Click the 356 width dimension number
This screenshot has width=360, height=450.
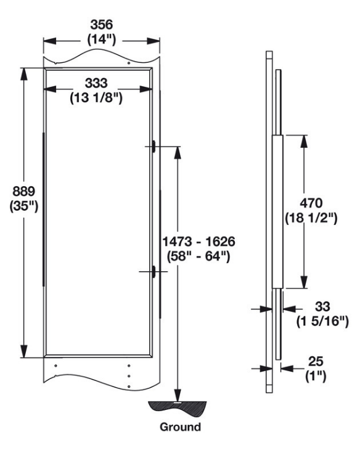click(102, 25)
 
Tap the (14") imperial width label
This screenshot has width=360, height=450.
click(102, 39)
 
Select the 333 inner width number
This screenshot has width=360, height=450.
click(96, 83)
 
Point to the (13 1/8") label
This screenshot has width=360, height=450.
click(96, 98)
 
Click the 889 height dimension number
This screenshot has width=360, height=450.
click(24, 191)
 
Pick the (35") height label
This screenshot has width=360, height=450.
click(24, 206)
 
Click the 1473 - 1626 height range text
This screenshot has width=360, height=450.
click(198, 242)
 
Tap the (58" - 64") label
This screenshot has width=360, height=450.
click(198, 256)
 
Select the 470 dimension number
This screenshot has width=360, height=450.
click(311, 203)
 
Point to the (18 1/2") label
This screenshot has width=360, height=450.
click(311, 218)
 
